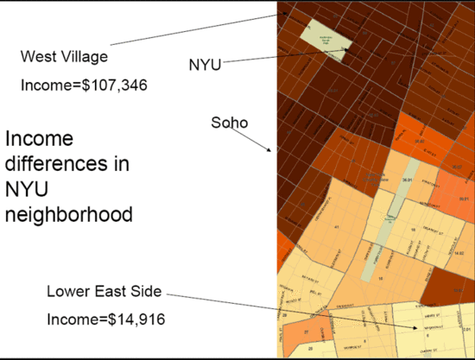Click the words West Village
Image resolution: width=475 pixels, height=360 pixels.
(64, 57)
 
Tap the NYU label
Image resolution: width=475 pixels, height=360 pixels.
(205, 64)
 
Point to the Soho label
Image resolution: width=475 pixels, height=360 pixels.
(229, 123)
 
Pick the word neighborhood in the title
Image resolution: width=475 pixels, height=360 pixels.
(69, 212)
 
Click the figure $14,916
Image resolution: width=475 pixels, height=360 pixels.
(128, 320)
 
